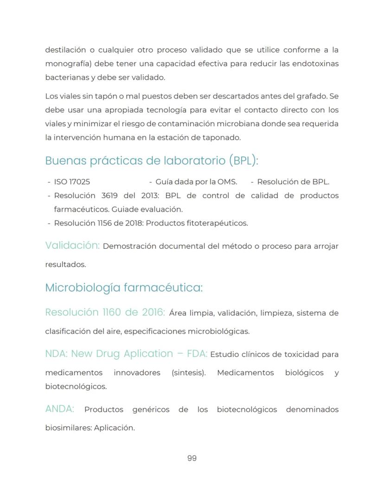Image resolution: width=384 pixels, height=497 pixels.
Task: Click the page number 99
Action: pos(192,458)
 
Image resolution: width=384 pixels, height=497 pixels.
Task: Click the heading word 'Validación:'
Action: pos(72,245)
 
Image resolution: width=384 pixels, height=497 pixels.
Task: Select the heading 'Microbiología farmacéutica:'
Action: pos(124,288)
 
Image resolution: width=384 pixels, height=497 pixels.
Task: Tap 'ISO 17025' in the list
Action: pos(72,182)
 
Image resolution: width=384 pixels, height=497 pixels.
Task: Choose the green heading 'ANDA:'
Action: pos(60,409)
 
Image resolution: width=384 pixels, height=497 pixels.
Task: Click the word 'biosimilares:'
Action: pos(68,428)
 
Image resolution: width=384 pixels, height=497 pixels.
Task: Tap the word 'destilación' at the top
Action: pos(66,50)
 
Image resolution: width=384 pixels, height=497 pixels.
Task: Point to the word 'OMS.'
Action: pos(227,182)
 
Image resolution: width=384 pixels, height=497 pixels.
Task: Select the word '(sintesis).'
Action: pos(188,373)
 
